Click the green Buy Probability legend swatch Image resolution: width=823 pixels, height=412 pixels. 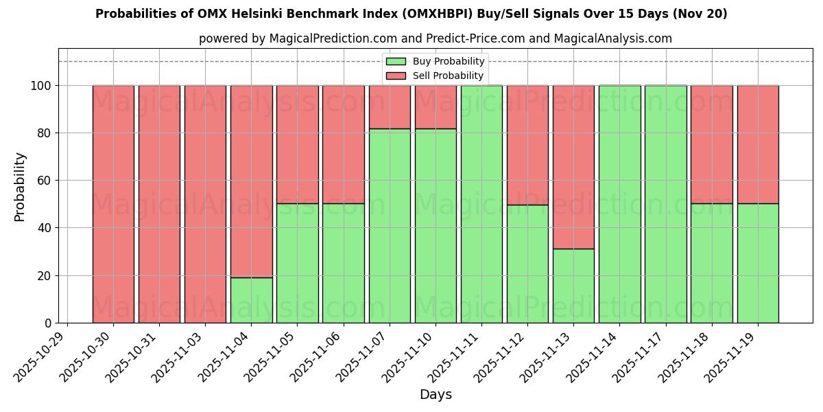396,62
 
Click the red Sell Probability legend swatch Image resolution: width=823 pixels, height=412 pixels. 396,76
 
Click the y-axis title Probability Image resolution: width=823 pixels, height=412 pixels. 20,187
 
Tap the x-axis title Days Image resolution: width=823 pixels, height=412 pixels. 436,395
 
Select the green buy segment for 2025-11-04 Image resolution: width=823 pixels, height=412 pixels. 251,300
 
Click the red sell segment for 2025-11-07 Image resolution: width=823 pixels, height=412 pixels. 390,107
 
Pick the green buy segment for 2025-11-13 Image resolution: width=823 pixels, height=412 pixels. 573,286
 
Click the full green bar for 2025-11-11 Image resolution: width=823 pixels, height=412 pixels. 481,204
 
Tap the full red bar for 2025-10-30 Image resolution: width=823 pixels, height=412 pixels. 113,204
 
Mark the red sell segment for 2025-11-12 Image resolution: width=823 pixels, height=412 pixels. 527,145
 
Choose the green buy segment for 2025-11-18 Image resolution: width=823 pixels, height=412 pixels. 711,263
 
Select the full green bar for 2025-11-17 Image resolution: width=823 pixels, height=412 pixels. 665,204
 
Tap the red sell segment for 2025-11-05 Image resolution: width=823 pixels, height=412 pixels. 297,144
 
